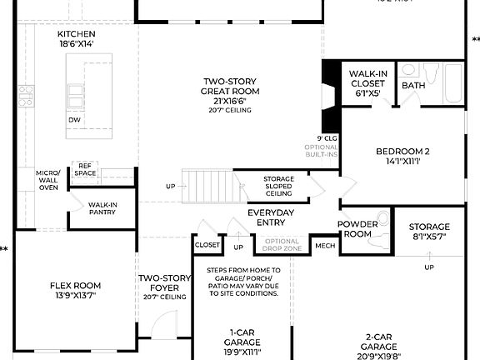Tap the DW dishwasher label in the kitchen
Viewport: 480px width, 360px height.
(74, 119)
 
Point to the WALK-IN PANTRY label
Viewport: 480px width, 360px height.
(102, 208)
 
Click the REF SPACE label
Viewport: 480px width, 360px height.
(85, 170)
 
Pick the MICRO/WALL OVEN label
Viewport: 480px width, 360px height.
(48, 181)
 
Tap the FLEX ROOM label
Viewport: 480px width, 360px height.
(75, 291)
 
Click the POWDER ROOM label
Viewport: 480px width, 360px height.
(358, 229)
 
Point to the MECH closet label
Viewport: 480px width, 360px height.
(324, 246)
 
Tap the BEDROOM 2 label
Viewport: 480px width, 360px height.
(402, 157)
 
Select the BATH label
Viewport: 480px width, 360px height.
(413, 86)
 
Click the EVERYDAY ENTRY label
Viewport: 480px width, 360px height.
(271, 217)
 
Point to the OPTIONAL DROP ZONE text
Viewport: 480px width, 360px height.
(281, 245)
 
